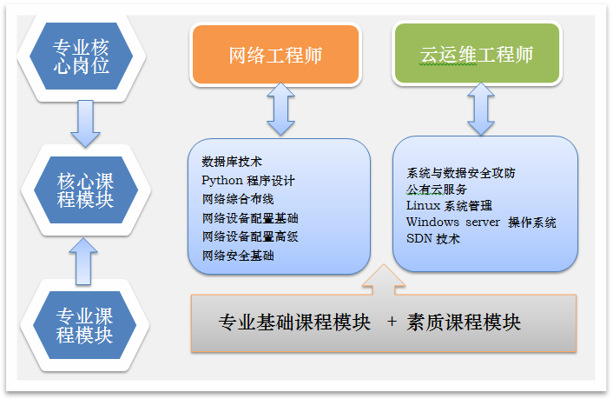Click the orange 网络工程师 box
275,55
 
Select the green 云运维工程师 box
476,55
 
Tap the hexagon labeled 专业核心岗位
82,57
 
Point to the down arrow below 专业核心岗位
85,123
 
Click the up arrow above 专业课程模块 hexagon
85,258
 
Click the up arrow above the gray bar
382,280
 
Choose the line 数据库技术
231,162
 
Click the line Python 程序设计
247,181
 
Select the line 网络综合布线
237,199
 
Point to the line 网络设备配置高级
249,236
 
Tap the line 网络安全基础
237,256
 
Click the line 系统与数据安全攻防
460,173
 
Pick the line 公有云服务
436,190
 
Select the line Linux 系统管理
448,206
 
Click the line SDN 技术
432,239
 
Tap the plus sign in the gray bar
392,323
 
